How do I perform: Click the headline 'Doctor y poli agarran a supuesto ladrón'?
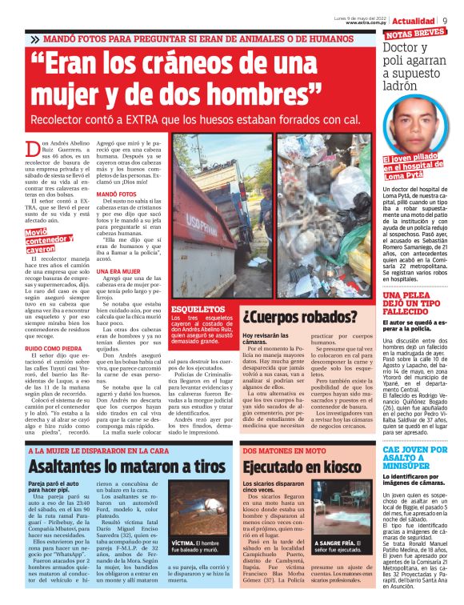417,67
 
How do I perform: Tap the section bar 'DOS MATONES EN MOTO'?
279,451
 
